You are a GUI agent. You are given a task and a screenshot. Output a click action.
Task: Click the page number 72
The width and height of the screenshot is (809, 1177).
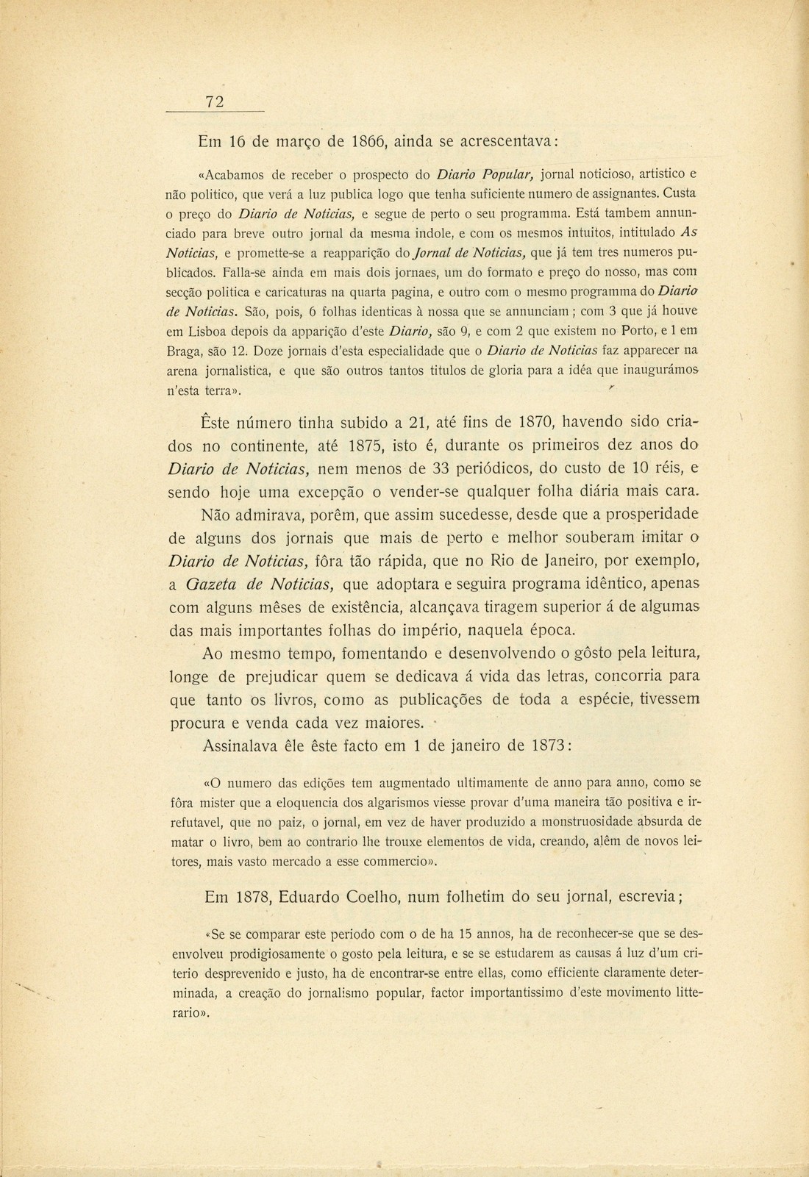click(214, 101)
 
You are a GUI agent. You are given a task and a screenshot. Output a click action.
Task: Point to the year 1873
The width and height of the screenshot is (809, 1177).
click(543, 745)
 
